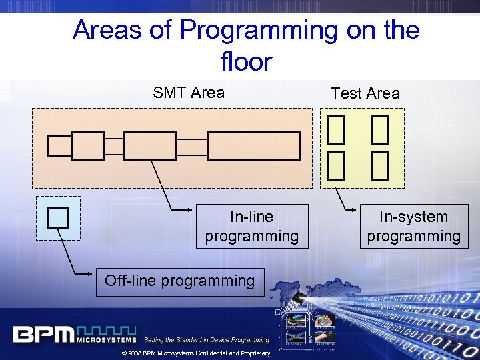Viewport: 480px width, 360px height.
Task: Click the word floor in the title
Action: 246,62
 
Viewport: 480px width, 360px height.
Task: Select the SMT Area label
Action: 189,93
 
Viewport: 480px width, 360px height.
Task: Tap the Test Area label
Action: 365,93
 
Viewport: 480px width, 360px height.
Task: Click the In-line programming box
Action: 252,226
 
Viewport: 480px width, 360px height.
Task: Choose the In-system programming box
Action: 413,226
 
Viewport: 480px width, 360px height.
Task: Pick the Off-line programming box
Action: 180,281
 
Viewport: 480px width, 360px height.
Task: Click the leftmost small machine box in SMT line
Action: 59,146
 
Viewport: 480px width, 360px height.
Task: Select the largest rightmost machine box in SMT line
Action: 253,146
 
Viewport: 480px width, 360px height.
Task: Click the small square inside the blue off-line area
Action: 58,218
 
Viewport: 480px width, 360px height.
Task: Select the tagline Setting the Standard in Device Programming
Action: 207,340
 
